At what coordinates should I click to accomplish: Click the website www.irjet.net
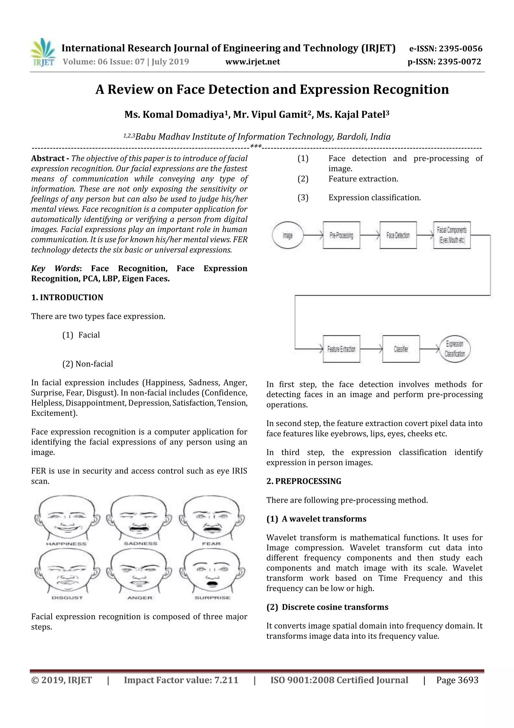pos(252,62)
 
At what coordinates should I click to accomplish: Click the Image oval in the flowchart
pos(288,235)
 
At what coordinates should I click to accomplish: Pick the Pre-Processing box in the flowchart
pos(341,235)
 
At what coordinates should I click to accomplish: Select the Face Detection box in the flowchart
pos(398,235)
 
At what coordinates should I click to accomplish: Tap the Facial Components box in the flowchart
pos(452,235)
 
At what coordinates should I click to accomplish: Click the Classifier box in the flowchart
pos(401,349)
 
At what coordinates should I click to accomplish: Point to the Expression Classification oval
pos(455,349)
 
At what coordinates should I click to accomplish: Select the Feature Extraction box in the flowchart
pos(341,349)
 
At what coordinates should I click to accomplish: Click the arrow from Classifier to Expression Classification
pos(429,349)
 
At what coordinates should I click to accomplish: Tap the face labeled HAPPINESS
pos(67,517)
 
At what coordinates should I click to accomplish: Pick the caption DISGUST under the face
pos(67,598)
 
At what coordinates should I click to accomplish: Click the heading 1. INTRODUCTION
pos(67,298)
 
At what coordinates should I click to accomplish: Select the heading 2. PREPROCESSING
pos(304,481)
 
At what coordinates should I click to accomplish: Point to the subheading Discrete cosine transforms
pos(335,607)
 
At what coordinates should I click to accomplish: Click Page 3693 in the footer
pos(457,680)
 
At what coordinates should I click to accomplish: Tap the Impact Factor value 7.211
pos(226,680)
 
